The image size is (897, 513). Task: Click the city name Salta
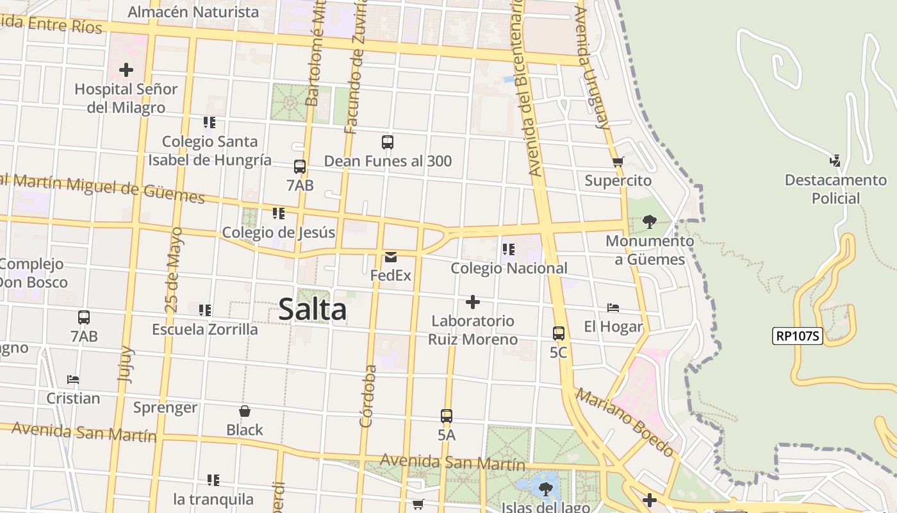tap(313, 310)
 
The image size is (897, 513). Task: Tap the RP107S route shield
tap(797, 335)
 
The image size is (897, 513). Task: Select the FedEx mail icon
tap(390, 257)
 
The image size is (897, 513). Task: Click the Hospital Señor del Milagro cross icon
tap(126, 69)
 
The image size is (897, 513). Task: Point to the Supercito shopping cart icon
tap(618, 162)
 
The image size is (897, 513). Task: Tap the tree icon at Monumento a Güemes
tap(649, 222)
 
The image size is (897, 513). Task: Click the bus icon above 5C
tap(559, 333)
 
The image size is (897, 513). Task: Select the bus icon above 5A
tap(447, 416)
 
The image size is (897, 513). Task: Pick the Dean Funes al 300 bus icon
tap(387, 142)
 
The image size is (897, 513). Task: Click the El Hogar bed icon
tap(613, 308)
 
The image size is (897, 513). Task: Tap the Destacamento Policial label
tap(835, 189)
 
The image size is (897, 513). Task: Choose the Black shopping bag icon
tap(244, 411)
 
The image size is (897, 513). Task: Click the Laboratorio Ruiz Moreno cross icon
tap(473, 302)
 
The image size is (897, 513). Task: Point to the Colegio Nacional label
tap(509, 268)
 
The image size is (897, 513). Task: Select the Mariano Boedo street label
tap(625, 422)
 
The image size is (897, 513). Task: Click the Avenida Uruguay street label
tap(593, 67)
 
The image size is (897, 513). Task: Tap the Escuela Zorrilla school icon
tap(204, 310)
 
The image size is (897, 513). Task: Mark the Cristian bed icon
tap(73, 380)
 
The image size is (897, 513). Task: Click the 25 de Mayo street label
tap(174, 269)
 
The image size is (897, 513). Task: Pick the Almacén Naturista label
tap(193, 12)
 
